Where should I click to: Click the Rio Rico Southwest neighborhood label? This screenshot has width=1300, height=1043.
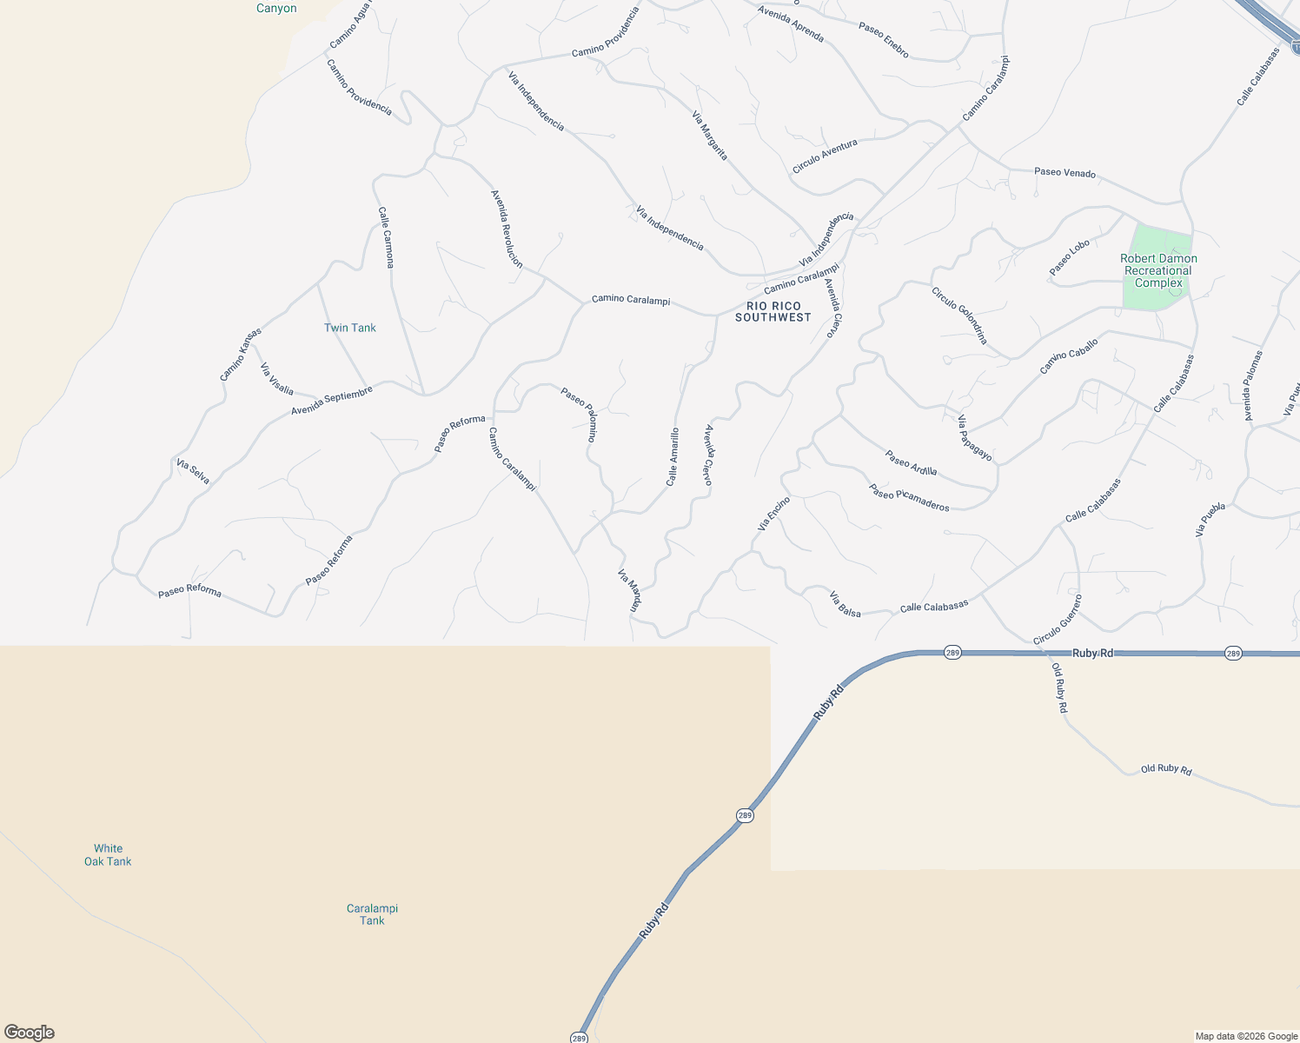[773, 311]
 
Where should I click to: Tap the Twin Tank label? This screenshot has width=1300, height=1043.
[350, 328]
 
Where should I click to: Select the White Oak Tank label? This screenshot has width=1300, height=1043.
[108, 854]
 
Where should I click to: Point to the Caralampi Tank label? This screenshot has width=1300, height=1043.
[372, 914]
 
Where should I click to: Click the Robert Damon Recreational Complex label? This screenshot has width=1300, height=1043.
[1158, 270]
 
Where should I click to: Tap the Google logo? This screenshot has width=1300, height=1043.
[29, 1033]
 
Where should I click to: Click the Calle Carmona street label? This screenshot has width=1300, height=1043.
[386, 236]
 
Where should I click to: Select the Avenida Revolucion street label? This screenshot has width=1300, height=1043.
[507, 229]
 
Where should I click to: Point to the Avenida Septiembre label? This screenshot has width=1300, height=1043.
[332, 400]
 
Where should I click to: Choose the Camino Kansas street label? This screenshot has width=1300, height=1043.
[240, 354]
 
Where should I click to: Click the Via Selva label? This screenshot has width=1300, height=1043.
[193, 471]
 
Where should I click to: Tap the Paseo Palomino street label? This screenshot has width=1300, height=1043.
[579, 415]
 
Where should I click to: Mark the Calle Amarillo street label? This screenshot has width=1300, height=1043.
[673, 456]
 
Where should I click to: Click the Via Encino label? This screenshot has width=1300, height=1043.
[773, 513]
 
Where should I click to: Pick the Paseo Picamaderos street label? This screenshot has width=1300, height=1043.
[909, 497]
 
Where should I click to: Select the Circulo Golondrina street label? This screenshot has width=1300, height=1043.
[959, 315]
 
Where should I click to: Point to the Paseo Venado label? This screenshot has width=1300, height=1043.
[1065, 172]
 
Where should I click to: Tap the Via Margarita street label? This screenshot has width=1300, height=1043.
[709, 135]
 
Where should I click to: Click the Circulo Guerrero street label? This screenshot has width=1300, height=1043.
[1058, 620]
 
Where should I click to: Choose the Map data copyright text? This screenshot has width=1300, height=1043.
[1246, 1035]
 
